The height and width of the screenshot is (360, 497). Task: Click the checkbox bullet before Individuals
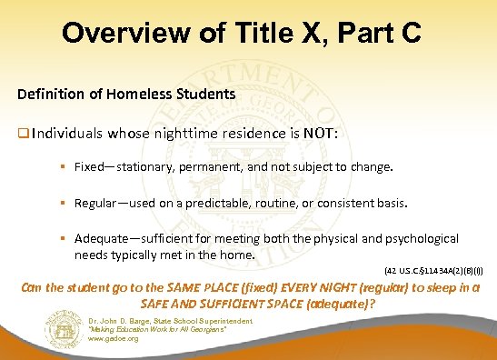[x=22, y=134]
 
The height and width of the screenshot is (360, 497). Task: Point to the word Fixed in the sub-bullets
[x=89, y=169]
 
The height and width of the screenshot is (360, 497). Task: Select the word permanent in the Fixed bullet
[x=210, y=169]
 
